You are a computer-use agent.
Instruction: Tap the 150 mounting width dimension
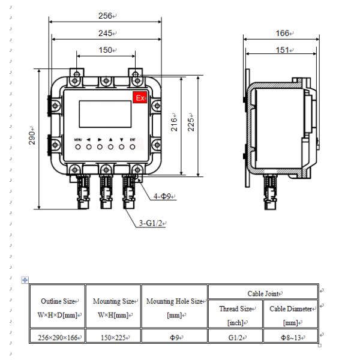[105, 50]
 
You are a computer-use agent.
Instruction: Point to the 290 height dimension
[33, 136]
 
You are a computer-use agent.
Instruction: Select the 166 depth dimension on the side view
[283, 33]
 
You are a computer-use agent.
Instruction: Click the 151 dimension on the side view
[283, 50]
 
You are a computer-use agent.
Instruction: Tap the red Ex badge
[140, 98]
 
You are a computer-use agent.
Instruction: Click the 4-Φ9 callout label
[163, 196]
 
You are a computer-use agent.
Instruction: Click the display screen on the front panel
[105, 114]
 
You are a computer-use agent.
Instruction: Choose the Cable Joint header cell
[262, 293]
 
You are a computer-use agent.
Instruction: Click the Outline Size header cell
[58, 307]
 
